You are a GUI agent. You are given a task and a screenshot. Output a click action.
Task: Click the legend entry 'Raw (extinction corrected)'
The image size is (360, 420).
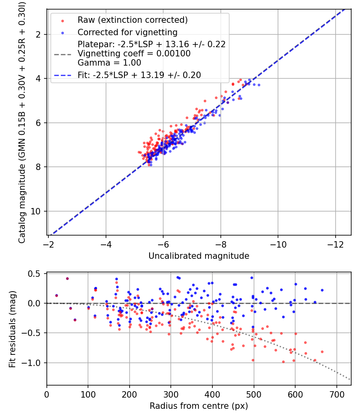click(x=132, y=20)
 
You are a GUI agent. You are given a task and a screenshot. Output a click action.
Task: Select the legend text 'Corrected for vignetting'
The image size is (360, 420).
click(x=128, y=32)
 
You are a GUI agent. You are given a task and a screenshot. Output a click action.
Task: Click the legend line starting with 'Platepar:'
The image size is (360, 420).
click(x=152, y=44)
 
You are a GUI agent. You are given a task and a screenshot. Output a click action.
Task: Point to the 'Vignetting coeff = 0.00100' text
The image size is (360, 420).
click(x=134, y=54)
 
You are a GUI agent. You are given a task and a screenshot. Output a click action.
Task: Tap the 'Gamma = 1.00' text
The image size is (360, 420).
click(x=109, y=63)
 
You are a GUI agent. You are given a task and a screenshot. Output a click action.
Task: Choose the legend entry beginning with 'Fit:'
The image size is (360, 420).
click(x=139, y=75)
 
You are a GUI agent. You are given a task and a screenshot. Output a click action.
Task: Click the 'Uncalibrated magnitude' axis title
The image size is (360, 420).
click(x=199, y=256)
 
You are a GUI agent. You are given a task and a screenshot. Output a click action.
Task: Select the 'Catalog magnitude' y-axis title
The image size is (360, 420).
click(x=22, y=204)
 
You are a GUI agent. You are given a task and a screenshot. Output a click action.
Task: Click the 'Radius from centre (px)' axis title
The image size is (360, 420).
click(x=199, y=406)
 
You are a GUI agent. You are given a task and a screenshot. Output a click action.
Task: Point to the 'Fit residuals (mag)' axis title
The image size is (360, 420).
click(x=12, y=329)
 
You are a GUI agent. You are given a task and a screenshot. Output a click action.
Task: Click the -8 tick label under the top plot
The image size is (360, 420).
click(x=221, y=244)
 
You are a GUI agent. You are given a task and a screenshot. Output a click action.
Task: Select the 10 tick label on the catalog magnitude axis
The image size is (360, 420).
click(x=36, y=211)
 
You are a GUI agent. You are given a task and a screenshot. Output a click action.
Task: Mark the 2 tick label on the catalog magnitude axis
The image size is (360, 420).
click(x=38, y=34)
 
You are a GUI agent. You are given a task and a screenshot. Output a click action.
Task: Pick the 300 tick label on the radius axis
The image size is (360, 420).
click(x=171, y=394)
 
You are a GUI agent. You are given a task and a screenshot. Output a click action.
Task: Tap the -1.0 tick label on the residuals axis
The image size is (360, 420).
click(x=31, y=363)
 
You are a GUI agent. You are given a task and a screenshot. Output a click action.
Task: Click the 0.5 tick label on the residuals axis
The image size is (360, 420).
click(x=34, y=274)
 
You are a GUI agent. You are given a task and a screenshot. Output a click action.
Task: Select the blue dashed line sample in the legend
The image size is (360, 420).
click(x=63, y=75)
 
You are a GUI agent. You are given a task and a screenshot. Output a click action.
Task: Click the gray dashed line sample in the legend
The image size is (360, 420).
click(x=63, y=54)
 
